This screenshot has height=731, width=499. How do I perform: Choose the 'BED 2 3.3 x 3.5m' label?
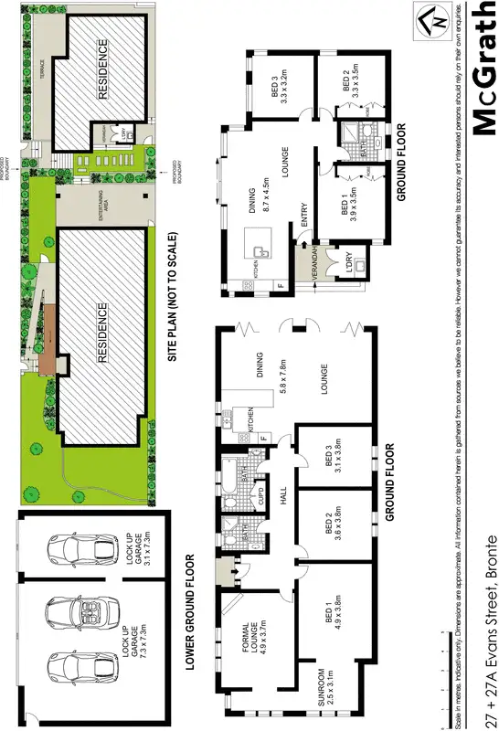(x=351, y=90)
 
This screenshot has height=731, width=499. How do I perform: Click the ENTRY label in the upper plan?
(x=304, y=212)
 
